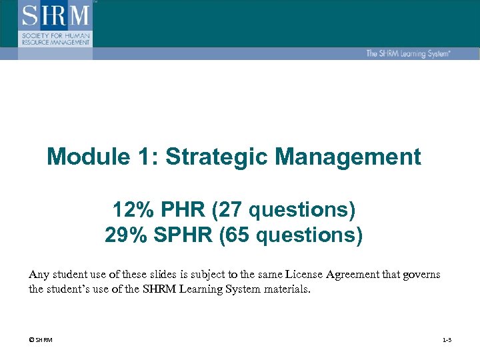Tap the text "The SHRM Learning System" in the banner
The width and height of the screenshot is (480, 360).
[x=408, y=53]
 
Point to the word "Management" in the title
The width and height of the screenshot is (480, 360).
[x=347, y=157]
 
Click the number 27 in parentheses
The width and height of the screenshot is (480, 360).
[x=232, y=211]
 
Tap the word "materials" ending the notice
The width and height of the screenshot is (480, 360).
[x=286, y=289]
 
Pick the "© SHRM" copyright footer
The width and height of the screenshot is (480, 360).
[x=41, y=341]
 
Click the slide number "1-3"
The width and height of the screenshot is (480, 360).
[x=447, y=341]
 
